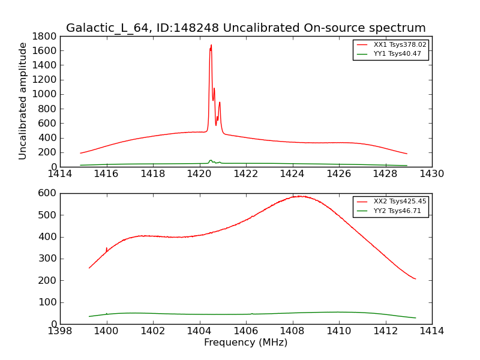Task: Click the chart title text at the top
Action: tap(245, 28)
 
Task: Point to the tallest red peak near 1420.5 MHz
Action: tap(211, 46)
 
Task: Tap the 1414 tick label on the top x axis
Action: tap(60, 174)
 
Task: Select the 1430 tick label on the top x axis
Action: tap(432, 174)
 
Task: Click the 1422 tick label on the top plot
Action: tap(246, 174)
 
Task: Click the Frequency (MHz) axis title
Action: tap(245, 343)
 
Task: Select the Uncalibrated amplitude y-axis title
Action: tap(23, 101)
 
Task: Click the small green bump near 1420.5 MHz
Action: tap(211, 161)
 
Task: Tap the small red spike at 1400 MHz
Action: tap(107, 248)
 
